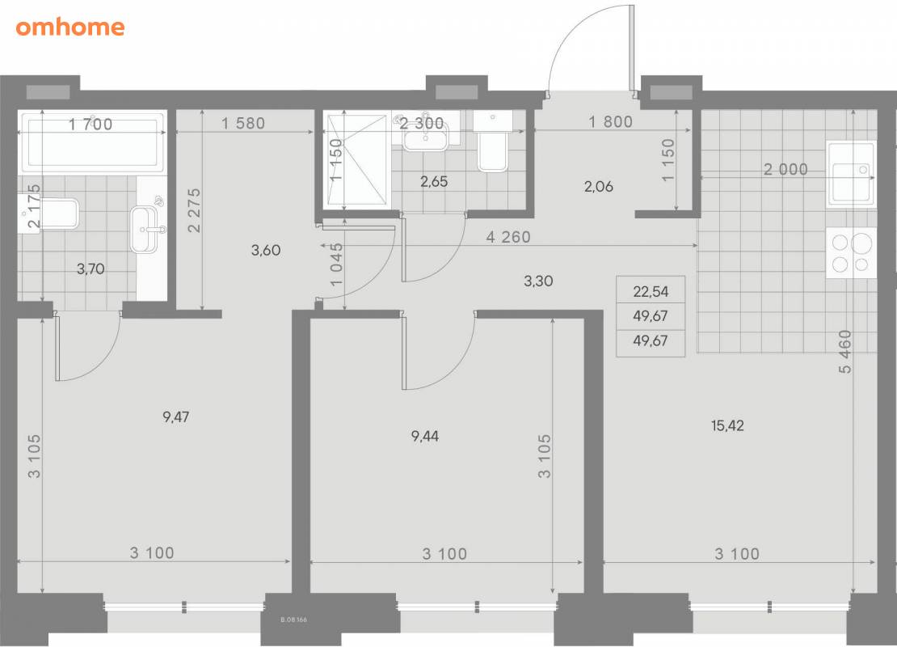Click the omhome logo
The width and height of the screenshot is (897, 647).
[69, 27]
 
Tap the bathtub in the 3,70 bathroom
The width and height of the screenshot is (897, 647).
[93, 142]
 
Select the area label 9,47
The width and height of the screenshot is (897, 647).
[175, 417]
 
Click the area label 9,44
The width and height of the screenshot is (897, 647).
[425, 436]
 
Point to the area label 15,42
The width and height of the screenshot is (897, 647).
[727, 425]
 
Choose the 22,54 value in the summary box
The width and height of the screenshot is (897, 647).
[651, 291]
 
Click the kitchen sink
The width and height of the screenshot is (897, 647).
[851, 174]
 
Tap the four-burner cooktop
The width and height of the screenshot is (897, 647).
[851, 253]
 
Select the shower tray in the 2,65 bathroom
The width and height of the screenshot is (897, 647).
[357, 161]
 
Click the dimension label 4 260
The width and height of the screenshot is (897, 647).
[508, 236]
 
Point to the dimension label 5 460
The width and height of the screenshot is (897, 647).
[845, 352]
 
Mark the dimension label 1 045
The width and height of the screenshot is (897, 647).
[336, 264]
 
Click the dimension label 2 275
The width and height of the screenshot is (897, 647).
[194, 210]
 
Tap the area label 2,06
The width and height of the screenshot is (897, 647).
[599, 186]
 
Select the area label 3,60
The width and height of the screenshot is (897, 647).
[266, 250]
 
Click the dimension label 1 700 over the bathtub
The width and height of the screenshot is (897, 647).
[91, 124]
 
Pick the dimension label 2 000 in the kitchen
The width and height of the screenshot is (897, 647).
[785, 169]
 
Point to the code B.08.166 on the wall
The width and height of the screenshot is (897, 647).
[293, 620]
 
